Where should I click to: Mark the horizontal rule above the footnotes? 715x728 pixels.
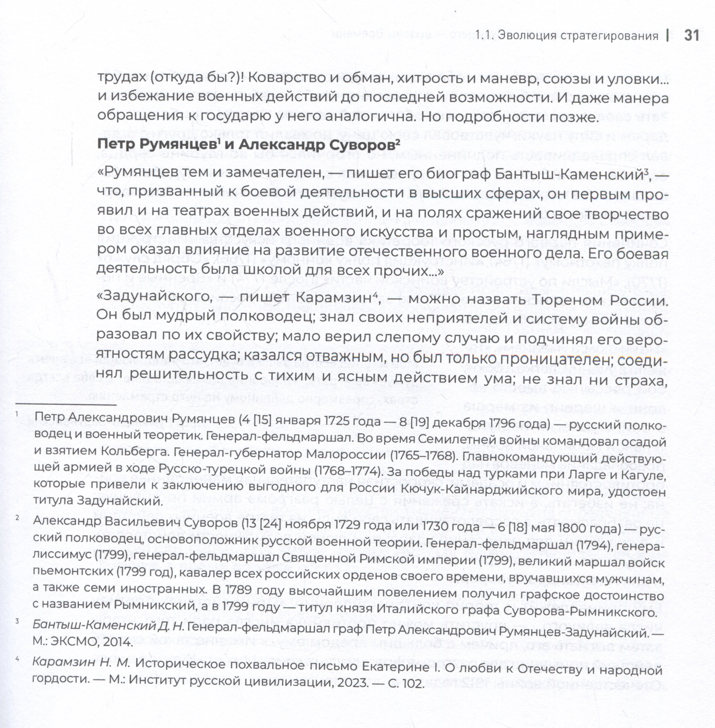[65, 404]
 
